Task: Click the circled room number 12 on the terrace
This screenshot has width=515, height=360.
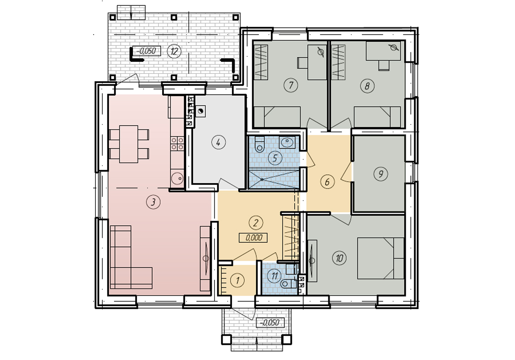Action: [x=174, y=51]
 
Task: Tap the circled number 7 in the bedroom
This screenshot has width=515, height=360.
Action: [x=291, y=86]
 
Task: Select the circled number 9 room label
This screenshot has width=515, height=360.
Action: [x=381, y=174]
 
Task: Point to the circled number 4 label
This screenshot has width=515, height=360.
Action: [x=219, y=142]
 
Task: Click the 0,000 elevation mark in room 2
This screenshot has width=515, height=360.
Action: [x=253, y=237]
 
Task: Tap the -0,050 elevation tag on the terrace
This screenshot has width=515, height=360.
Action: [x=146, y=51]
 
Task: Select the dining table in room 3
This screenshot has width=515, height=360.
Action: [x=129, y=144]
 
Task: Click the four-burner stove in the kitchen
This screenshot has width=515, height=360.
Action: [x=177, y=143]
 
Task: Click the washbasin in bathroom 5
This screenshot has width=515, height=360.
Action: [x=288, y=142]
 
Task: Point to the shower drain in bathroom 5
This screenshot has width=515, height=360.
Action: [x=262, y=180]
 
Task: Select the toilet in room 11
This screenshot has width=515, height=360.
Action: [x=288, y=284]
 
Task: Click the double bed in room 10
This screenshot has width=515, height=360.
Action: [x=380, y=258]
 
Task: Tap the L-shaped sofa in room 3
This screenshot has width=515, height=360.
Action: [x=131, y=257]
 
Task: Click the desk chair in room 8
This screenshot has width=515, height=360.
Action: [x=384, y=65]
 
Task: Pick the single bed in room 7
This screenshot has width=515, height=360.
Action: [x=278, y=117]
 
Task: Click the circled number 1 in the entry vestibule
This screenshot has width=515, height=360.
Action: [x=237, y=280]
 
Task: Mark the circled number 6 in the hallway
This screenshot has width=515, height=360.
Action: [x=327, y=182]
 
